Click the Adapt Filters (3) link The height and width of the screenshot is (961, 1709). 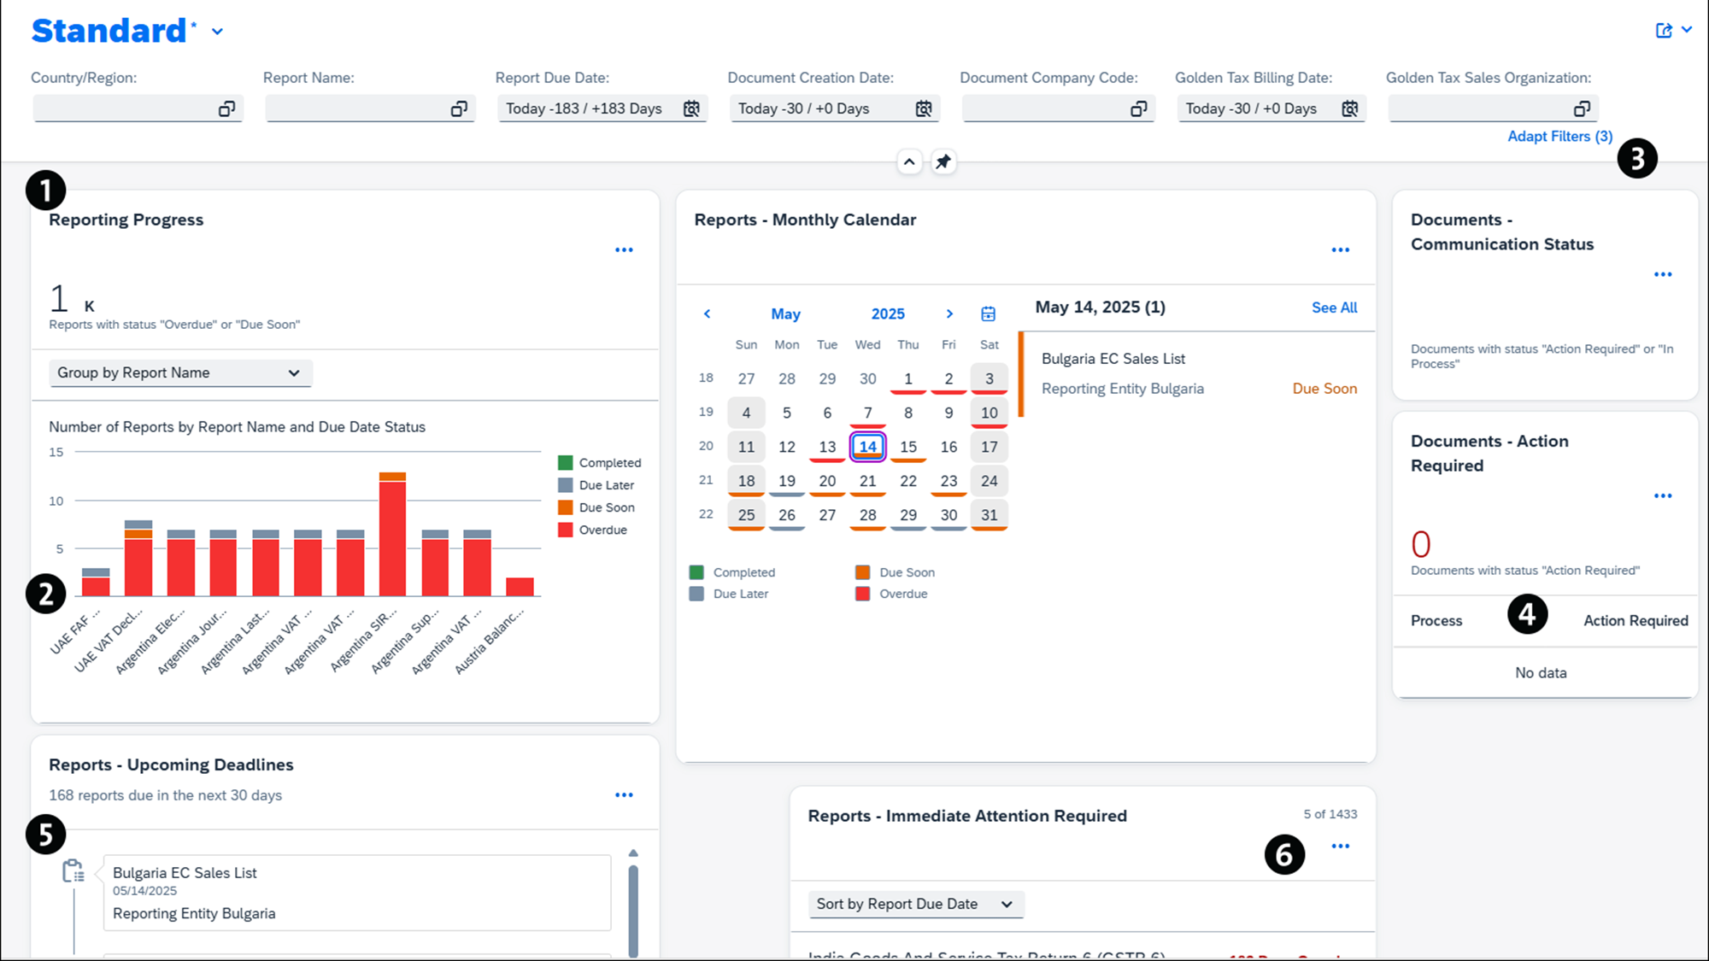(1559, 137)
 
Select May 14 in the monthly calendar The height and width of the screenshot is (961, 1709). (867, 447)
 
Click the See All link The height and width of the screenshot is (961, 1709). (1334, 308)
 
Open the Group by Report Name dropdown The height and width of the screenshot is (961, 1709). (180, 373)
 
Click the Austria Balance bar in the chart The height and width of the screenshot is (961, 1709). (520, 587)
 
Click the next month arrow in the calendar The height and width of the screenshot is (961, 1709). (949, 314)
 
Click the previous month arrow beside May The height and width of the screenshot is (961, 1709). (707, 314)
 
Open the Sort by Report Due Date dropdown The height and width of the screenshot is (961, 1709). (915, 904)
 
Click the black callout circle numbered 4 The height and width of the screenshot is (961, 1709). (1527, 614)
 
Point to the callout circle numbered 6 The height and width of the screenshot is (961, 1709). (1284, 854)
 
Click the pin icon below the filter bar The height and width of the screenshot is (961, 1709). (943, 161)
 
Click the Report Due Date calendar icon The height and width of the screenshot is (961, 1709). (691, 108)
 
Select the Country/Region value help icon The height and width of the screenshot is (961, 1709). (226, 108)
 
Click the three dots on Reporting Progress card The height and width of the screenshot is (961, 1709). (624, 250)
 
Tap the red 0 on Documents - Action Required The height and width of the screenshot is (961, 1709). (1420, 544)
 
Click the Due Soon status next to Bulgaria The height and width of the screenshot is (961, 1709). (1324, 389)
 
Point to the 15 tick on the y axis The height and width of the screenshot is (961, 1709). (56, 452)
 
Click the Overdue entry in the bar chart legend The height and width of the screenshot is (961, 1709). (602, 530)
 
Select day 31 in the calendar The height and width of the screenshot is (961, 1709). (989, 515)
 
